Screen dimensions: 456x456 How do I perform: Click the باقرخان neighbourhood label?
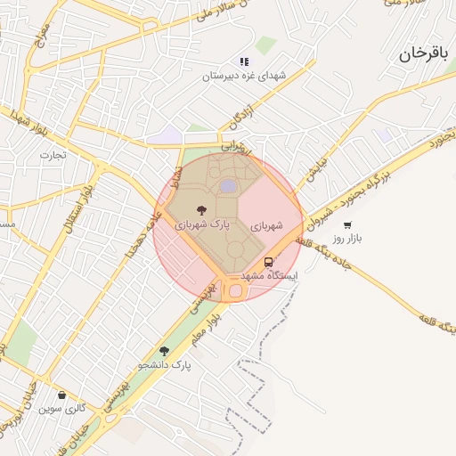click(x=420, y=54)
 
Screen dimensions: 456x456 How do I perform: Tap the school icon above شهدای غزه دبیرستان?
click(x=243, y=62)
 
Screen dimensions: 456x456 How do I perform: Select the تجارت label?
click(x=47, y=155)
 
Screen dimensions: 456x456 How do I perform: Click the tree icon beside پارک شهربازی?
click(x=200, y=210)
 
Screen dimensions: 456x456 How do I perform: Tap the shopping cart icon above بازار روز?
click(x=346, y=224)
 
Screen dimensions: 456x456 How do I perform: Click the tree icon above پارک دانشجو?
click(x=164, y=351)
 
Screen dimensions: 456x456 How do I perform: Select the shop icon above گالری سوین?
click(x=61, y=395)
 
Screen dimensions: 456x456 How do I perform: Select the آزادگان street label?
click(x=241, y=115)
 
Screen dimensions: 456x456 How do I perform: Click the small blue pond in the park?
click(x=229, y=185)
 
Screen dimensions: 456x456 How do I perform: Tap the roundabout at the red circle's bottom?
click(x=235, y=290)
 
